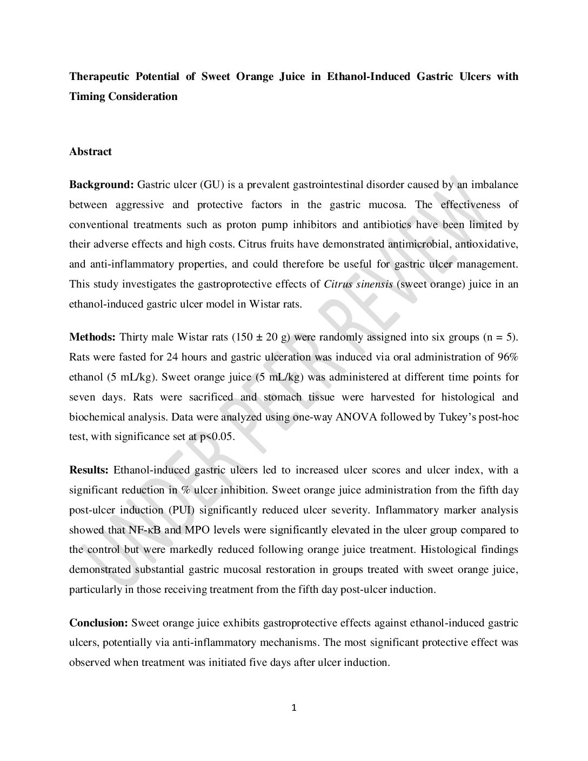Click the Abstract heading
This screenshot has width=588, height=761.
[90, 152]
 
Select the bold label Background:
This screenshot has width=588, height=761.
[101, 185]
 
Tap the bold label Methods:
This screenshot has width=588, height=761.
[92, 337]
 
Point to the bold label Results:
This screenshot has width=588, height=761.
[89, 470]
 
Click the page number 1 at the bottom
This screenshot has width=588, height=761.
[294, 708]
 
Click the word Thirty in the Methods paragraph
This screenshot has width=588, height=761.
[133, 337]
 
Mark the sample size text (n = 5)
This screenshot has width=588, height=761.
[499, 337]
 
